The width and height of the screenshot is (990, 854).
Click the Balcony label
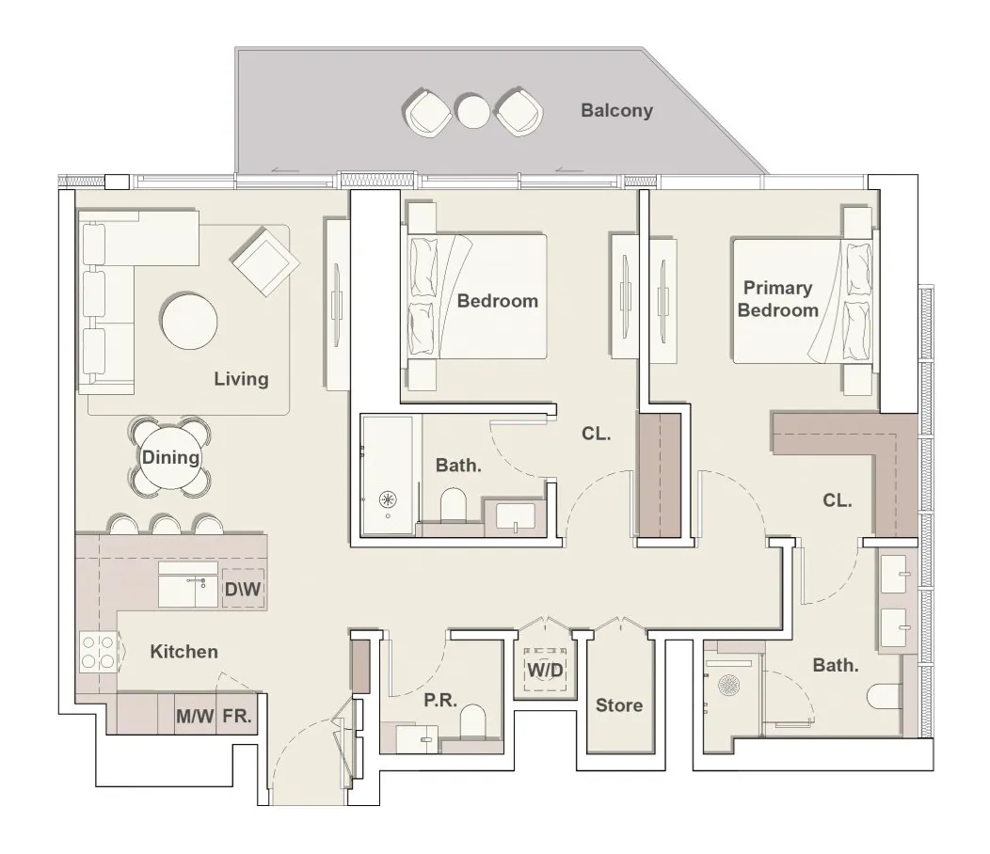tap(616, 111)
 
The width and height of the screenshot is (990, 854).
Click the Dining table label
tap(170, 458)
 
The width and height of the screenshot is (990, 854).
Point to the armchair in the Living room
tap(264, 261)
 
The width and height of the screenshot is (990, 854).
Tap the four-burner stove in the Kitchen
tap(98, 652)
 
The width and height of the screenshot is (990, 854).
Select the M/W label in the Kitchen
tap(196, 717)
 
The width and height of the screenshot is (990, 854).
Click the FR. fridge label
tap(237, 717)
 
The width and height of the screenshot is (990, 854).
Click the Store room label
tap(619, 705)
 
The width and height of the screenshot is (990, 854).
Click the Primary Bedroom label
tap(777, 299)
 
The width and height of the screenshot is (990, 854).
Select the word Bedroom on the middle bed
tap(497, 301)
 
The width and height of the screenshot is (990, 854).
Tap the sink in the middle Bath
tap(516, 516)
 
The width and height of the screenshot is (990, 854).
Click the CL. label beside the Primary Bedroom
tap(837, 501)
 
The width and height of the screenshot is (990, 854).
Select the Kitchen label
tap(184, 651)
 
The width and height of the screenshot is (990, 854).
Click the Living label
tap(241, 379)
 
